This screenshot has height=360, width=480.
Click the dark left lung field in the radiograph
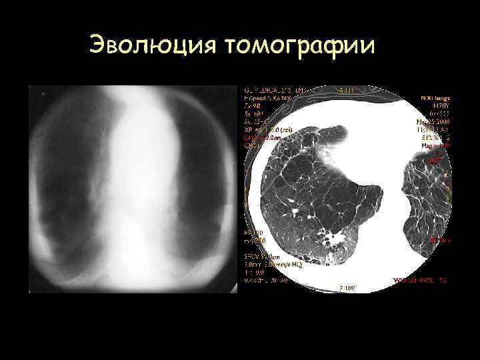(x=67, y=180)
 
